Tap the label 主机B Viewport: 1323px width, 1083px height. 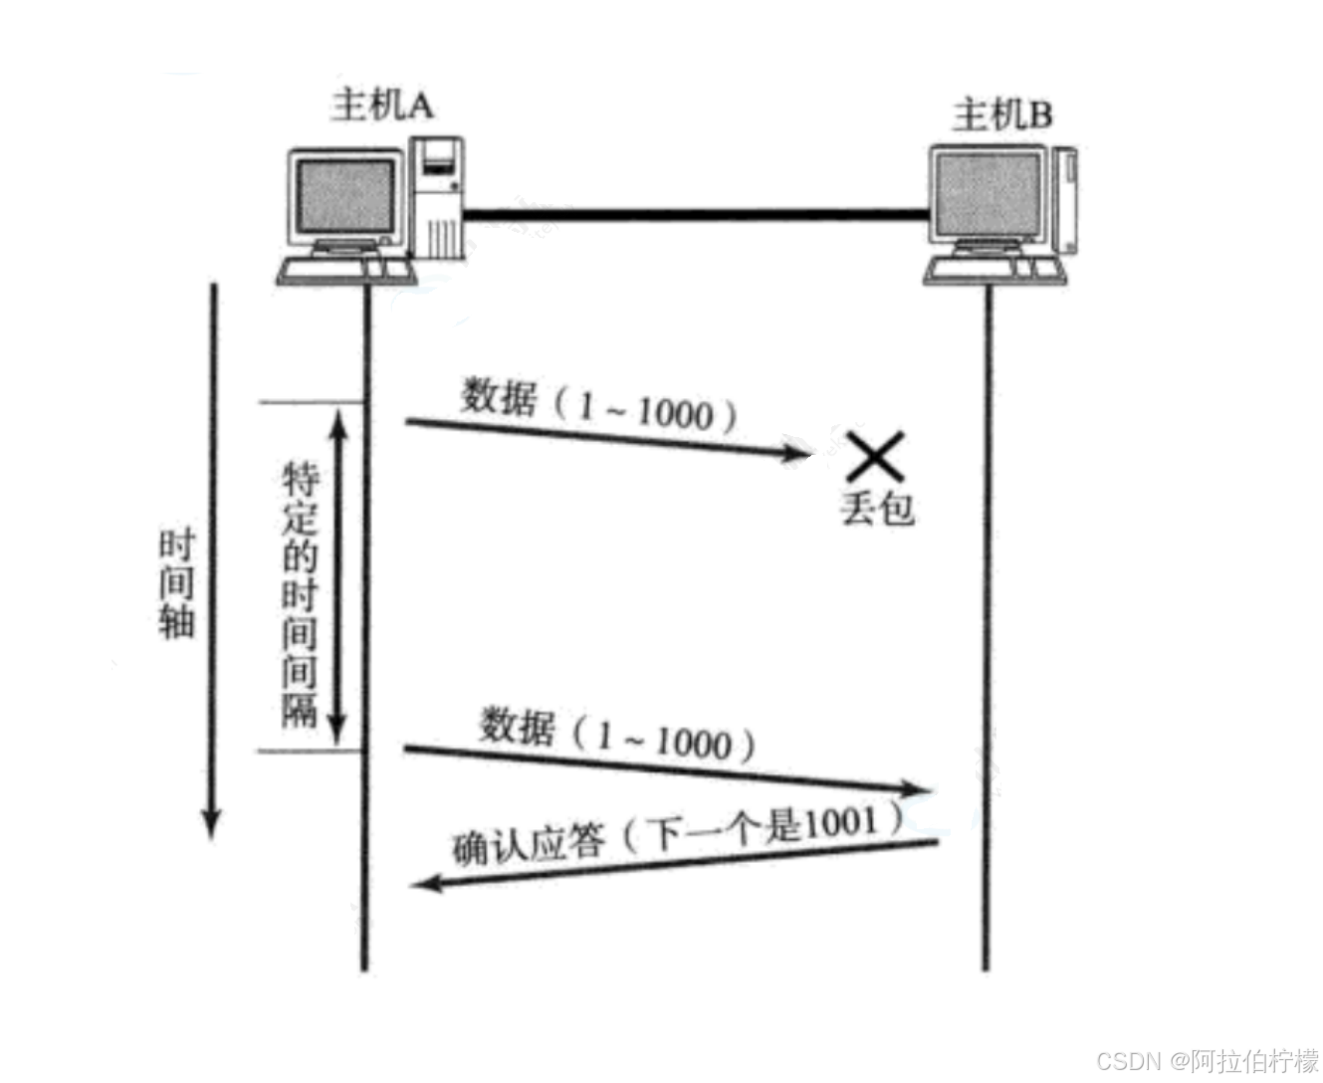tap(1001, 115)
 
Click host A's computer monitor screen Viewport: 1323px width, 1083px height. tap(344, 199)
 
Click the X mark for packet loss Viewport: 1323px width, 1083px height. tap(875, 457)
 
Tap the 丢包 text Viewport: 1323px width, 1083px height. tap(876, 508)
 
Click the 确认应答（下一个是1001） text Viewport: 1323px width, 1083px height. tap(677, 834)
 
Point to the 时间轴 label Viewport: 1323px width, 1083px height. tap(176, 584)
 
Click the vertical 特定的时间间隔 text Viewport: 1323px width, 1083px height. tap(299, 592)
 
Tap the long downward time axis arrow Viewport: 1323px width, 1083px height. tap(211, 557)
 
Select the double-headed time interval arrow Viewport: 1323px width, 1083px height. tap(338, 577)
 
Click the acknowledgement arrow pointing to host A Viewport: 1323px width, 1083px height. tap(677, 862)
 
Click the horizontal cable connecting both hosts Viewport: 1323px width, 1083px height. tap(697, 212)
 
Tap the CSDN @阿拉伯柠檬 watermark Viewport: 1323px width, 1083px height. tap(1206, 1058)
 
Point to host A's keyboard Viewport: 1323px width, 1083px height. tap(343, 270)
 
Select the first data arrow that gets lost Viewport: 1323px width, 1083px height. tap(607, 440)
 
